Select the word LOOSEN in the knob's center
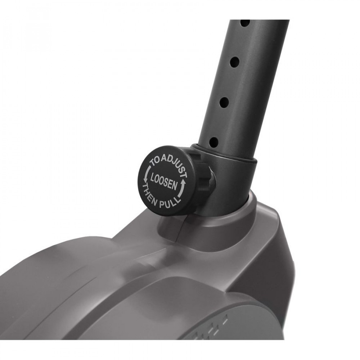(164, 181)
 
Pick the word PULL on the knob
(170, 202)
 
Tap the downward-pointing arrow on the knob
(146, 174)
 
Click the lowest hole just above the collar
(214, 142)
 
